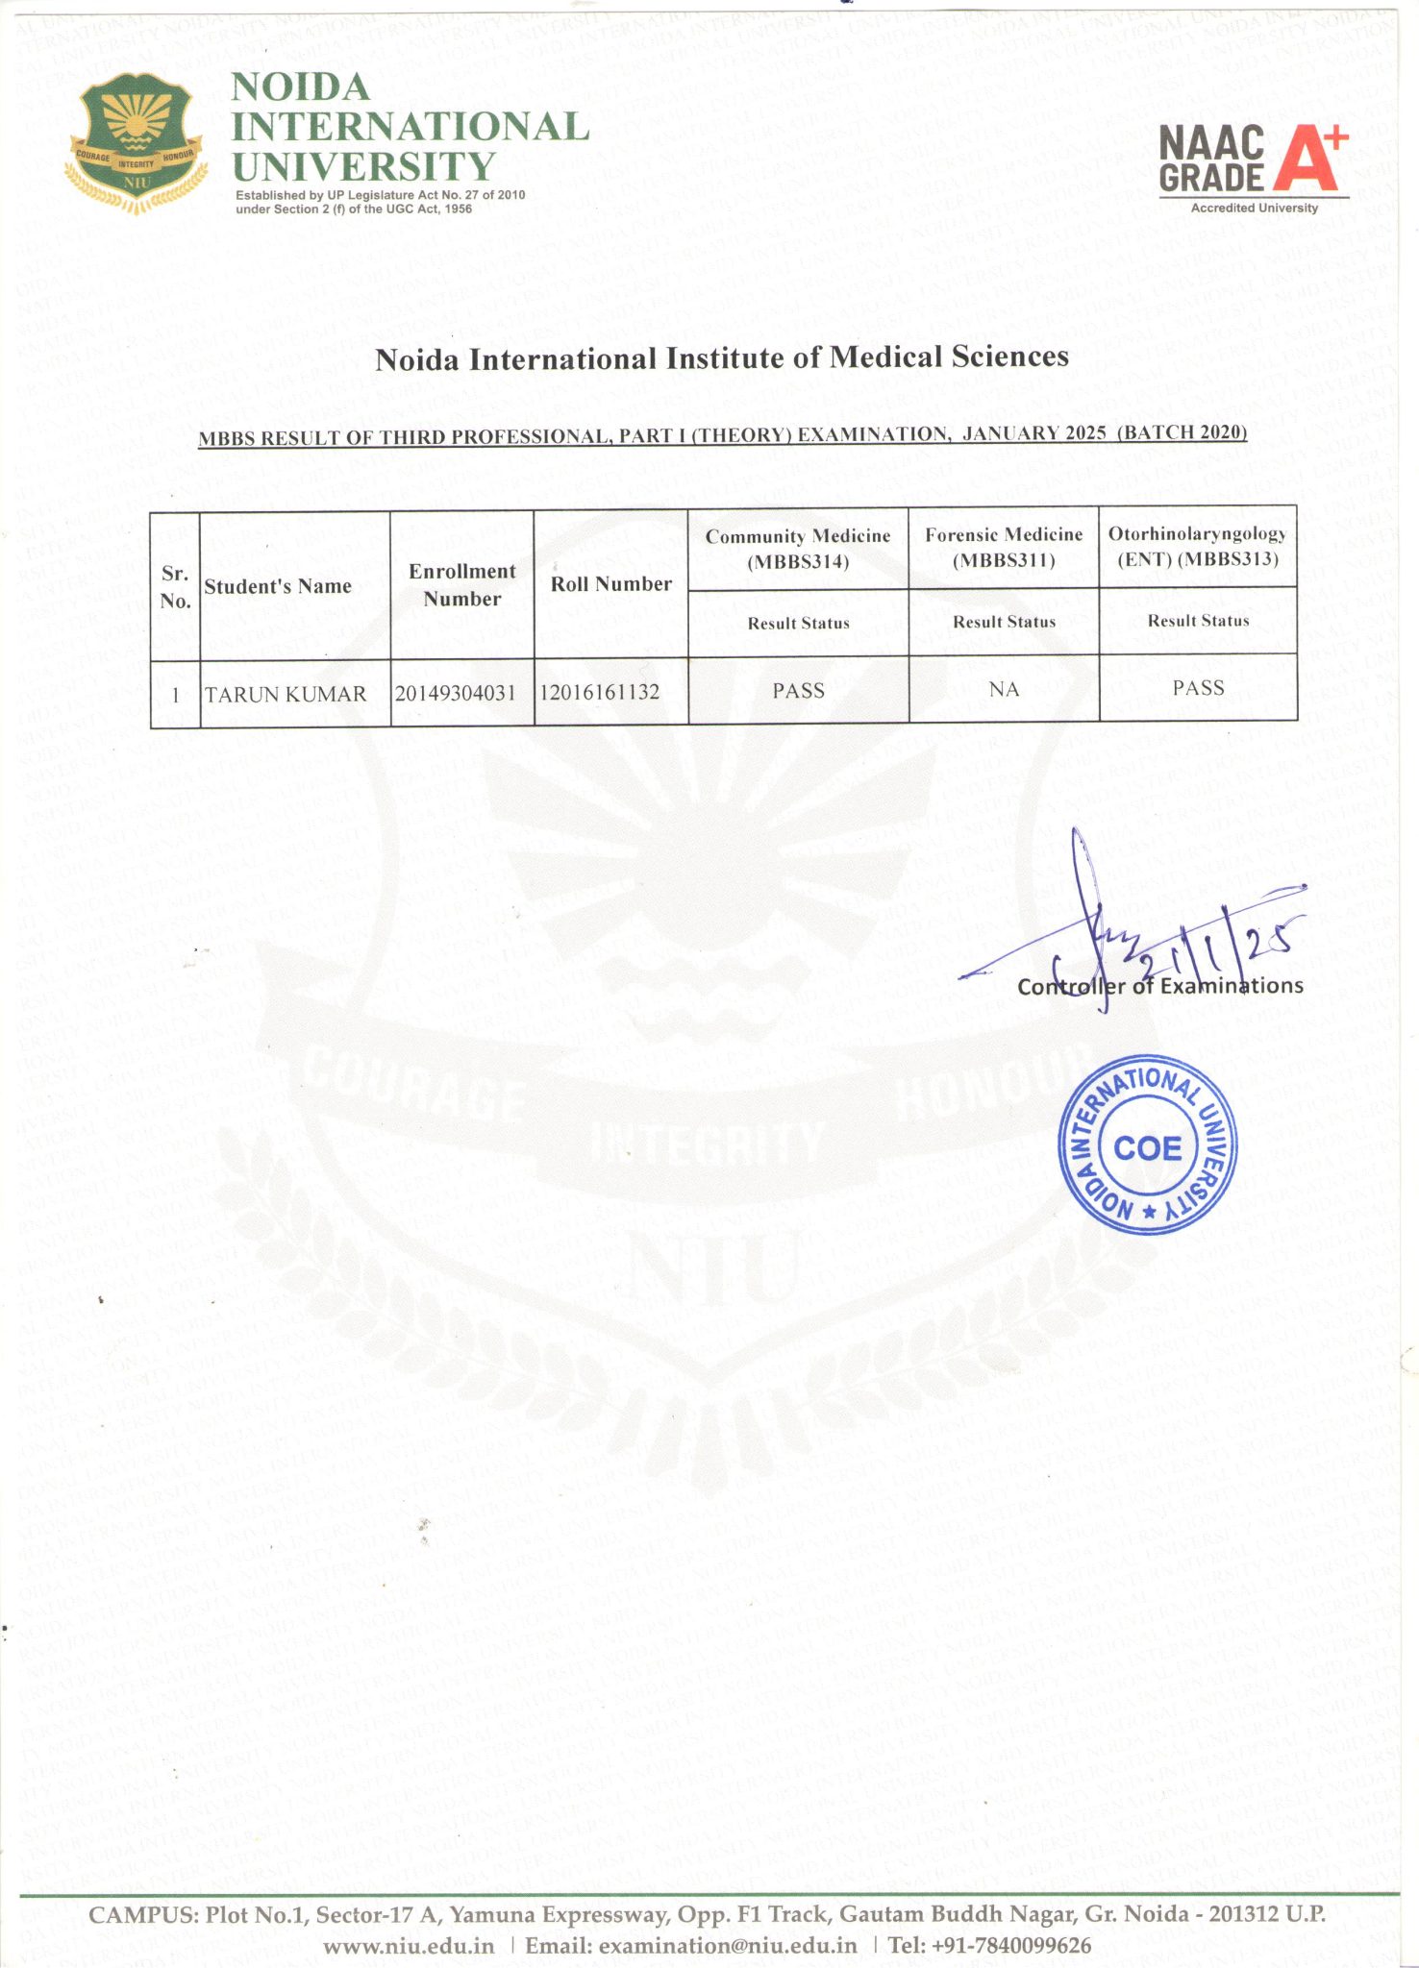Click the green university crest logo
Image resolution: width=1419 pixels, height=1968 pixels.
[x=139, y=145]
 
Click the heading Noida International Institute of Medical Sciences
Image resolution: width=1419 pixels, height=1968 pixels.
[x=721, y=358]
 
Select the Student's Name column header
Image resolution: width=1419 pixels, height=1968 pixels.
[x=278, y=586]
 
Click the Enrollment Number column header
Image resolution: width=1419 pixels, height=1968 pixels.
[x=462, y=584]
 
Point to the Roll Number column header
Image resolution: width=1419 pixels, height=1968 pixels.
[x=610, y=583]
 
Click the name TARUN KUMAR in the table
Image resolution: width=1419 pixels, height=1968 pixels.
[x=286, y=694]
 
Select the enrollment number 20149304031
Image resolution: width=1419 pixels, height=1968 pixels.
[x=456, y=693]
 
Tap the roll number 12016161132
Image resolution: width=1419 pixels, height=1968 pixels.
[x=600, y=692]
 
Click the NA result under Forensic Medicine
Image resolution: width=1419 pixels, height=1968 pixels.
[x=1004, y=689]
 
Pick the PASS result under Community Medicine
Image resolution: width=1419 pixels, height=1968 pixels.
[x=798, y=690]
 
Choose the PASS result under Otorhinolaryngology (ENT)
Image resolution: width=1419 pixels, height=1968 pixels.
[x=1198, y=687]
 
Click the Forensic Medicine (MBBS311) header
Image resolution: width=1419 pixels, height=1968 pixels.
[x=1004, y=547]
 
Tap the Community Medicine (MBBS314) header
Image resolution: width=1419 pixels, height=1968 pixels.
[x=798, y=548]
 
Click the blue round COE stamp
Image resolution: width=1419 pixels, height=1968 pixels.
[x=1147, y=1148]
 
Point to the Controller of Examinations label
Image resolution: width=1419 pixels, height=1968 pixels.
[x=1159, y=986]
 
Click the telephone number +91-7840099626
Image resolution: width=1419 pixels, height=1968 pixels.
[x=989, y=1946]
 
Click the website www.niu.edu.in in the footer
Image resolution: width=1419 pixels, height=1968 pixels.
[x=409, y=1946]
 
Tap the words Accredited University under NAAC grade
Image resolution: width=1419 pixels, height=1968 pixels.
[x=1254, y=208]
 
